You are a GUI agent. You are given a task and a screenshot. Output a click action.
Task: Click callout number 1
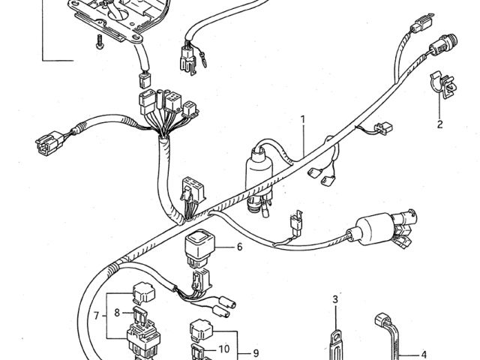pyautogui.click(x=303, y=119)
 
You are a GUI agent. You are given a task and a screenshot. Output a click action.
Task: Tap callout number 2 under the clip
pyautogui.click(x=440, y=124)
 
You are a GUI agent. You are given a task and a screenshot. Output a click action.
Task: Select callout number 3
pyautogui.click(x=336, y=300)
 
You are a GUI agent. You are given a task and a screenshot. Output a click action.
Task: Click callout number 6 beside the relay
pyautogui.click(x=240, y=247)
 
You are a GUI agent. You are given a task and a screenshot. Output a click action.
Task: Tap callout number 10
pyautogui.click(x=223, y=349)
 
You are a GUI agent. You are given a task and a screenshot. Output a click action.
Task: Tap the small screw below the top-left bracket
pyautogui.click(x=97, y=43)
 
